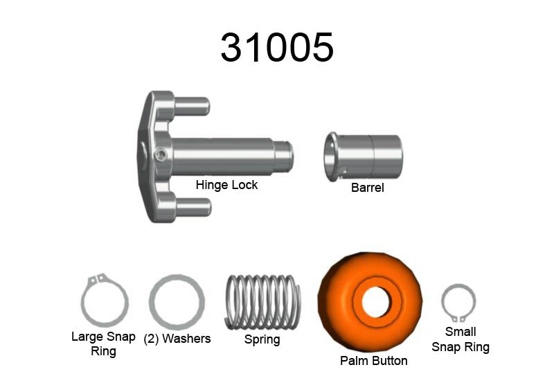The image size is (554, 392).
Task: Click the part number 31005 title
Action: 277,47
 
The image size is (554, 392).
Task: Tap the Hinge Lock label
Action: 226,185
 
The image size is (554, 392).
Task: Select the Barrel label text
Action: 367,187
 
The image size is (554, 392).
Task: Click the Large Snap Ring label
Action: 102,344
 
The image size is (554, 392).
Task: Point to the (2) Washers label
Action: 177,339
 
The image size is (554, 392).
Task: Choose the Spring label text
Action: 262,339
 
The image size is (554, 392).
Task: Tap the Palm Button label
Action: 373,360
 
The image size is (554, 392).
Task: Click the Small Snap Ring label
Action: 461,339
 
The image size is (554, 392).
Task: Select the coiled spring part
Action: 262,302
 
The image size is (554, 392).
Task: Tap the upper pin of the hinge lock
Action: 191,105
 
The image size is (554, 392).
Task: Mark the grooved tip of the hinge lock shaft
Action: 285,155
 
